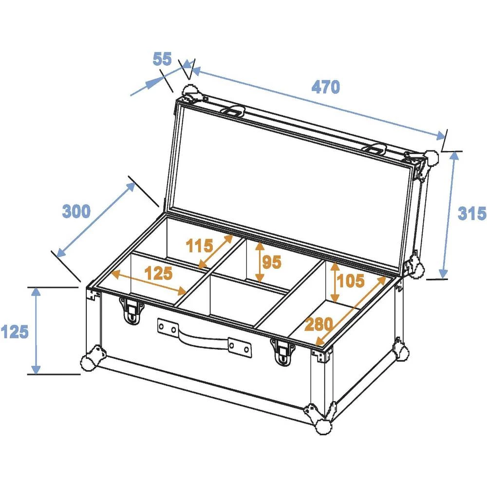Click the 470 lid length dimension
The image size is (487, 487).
click(325, 88)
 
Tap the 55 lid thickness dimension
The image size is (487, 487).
click(162, 59)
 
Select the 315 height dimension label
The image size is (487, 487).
click(472, 213)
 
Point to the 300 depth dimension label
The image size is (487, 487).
click(76, 211)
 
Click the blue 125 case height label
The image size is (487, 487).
click(14, 332)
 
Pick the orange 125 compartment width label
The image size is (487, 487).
click(158, 274)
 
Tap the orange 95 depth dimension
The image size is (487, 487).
click(272, 262)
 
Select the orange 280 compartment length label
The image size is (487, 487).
click(319, 323)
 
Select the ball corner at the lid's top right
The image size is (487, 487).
click(431, 157)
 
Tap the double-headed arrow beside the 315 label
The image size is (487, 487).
click(449, 214)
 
